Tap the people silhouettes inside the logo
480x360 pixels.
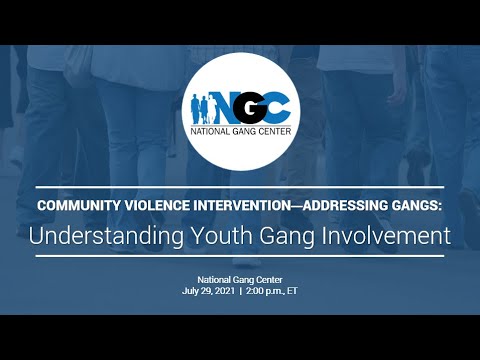pyautogui.click(x=201, y=107)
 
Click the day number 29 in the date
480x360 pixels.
pyautogui.click(x=209, y=291)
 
